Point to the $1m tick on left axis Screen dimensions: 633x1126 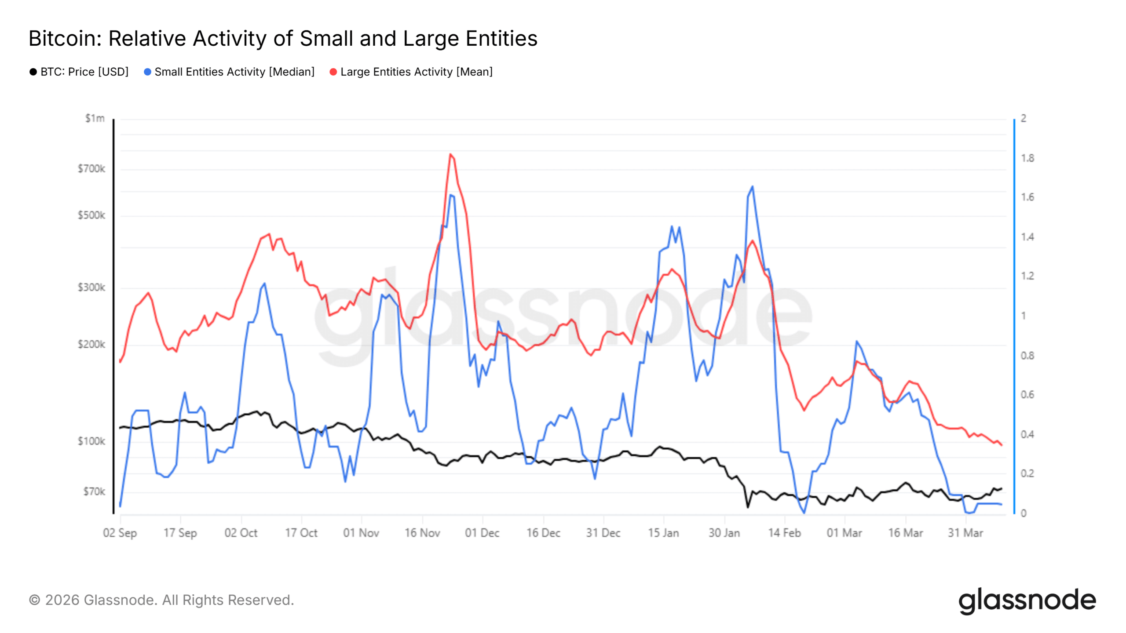95,118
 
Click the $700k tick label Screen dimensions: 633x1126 91,169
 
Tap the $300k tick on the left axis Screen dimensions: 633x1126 91,287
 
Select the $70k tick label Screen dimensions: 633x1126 94,491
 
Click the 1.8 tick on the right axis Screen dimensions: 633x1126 1027,158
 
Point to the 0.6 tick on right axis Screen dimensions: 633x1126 1027,395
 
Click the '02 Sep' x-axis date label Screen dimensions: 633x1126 120,533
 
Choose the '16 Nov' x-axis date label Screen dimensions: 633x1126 422,533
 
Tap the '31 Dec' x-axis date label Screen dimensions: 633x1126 603,533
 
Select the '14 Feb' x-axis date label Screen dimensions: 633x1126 784,533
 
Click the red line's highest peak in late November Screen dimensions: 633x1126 450,154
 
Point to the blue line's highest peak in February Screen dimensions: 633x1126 752,187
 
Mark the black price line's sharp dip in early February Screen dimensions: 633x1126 747,507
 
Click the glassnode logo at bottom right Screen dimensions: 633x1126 1027,600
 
